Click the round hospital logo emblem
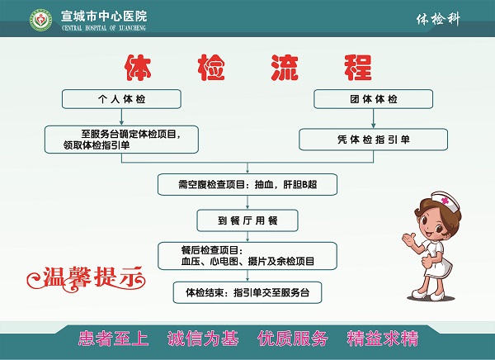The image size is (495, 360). tap(40, 20)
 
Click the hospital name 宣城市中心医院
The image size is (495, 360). tap(104, 17)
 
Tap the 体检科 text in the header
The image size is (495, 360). tap(438, 20)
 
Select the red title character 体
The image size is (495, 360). tap(138, 68)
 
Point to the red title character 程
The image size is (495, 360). tap(358, 68)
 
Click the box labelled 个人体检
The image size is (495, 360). tap(121, 99)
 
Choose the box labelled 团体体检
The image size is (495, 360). tap(373, 99)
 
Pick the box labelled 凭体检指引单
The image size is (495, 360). tap(373, 140)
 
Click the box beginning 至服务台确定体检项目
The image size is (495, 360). tap(121, 140)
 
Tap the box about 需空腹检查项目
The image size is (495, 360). tap(247, 184)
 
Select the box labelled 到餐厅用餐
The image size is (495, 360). tap(247, 220)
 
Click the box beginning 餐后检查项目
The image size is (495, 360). tap(247, 256)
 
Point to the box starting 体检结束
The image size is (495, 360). tap(247, 292)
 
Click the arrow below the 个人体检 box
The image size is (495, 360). tap(121, 117)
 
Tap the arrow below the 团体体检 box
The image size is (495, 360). tap(373, 119)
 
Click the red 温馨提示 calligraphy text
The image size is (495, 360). tap(86, 279)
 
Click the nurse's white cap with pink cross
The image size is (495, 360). tap(445, 201)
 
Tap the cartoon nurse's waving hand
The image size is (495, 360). tap(409, 239)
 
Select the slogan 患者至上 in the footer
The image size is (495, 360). tap(113, 339)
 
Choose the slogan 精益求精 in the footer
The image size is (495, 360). tap(383, 339)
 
